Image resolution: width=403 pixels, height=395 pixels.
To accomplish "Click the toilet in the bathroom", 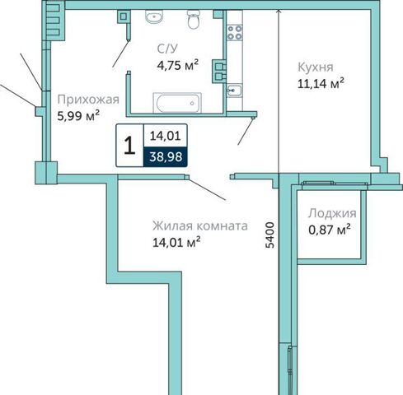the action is [194, 19].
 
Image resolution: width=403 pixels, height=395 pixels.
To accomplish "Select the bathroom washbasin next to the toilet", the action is [154, 16].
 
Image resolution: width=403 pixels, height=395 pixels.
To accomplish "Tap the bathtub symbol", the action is [177, 103].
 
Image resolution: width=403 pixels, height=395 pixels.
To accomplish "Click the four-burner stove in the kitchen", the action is [235, 32].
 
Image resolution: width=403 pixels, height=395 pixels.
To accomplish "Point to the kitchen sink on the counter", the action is [234, 90].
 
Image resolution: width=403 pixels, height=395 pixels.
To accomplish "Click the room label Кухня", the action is [316, 67].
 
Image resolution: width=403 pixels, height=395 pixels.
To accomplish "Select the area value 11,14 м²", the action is [321, 83].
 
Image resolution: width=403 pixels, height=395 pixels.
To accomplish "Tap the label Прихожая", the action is [88, 100].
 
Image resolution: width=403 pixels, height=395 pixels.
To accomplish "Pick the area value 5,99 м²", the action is [78, 115].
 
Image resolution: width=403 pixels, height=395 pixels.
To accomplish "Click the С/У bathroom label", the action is [167, 49].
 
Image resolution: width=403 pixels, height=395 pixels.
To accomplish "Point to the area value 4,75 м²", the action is [178, 65].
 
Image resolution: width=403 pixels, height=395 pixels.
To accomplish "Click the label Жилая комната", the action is [200, 225].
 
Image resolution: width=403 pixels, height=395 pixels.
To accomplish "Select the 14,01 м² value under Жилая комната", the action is [176, 242].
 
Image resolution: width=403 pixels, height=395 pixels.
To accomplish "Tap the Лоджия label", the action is [332, 213].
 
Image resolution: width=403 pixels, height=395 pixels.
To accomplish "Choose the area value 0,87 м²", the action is [330, 230].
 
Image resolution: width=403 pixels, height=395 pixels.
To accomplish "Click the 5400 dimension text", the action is [270, 235].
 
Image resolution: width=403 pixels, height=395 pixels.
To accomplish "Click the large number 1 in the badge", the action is [129, 146].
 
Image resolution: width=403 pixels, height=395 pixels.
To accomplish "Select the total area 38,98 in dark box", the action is [166, 157].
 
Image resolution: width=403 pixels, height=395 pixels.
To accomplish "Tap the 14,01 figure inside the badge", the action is [166, 136].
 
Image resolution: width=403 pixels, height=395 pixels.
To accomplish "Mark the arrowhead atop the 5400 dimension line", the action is [279, 12].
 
